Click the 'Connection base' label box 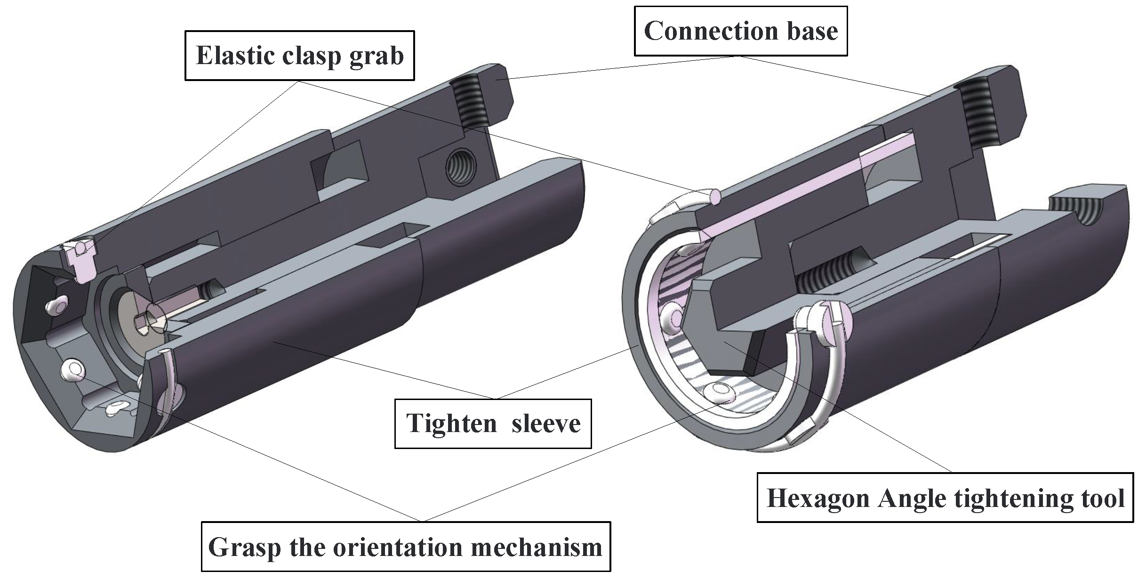[740, 31]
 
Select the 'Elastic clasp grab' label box [299, 56]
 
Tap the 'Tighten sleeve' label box [493, 423]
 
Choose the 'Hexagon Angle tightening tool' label [945, 498]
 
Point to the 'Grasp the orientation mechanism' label [405, 547]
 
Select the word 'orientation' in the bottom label [385, 547]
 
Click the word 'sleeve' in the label [546, 423]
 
